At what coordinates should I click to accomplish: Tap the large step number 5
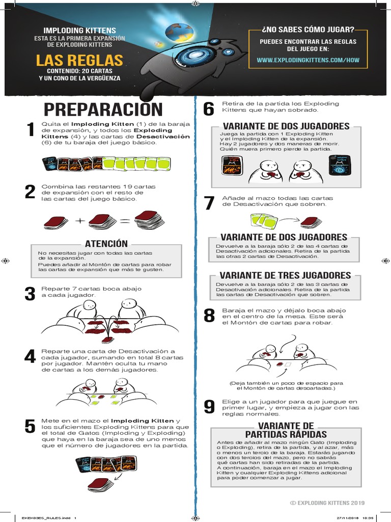pos(31,427)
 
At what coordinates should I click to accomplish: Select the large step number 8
pos(209,316)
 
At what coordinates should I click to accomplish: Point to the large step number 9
pos(209,406)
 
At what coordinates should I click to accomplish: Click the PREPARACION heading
pos(103,109)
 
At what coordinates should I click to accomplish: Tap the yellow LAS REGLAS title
pos(79,61)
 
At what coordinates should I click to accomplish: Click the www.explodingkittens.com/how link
pos(308,60)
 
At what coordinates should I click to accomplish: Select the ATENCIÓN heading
pos(106,244)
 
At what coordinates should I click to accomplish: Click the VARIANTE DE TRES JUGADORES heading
pos(285,275)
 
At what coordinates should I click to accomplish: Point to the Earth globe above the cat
pos(179,33)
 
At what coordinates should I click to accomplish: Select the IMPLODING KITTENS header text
pos(79,31)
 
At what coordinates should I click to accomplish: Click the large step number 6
pos(209,109)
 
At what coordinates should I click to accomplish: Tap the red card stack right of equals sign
pos(148,219)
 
